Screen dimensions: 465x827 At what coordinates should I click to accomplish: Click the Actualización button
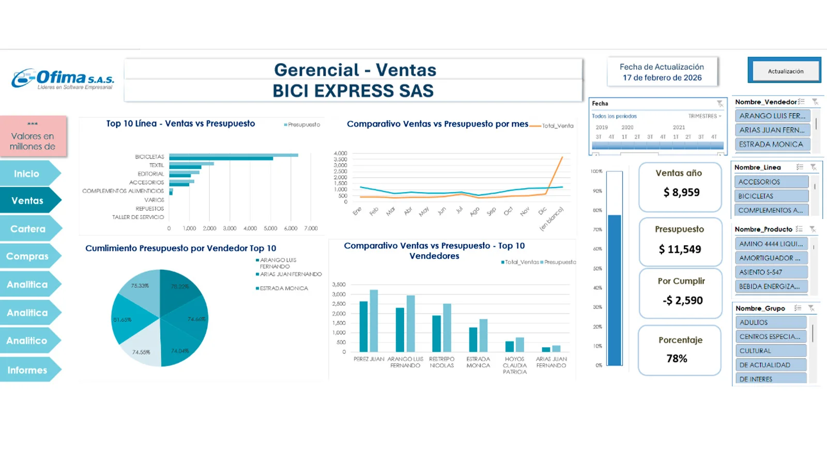click(785, 71)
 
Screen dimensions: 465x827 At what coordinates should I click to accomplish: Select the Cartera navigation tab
click(28, 229)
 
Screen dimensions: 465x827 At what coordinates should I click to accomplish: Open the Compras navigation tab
click(27, 256)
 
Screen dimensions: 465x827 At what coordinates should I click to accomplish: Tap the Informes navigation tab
click(27, 370)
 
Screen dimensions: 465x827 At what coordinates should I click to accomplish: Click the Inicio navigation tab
click(26, 174)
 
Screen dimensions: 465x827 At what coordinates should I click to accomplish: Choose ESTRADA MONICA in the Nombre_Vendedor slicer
click(771, 144)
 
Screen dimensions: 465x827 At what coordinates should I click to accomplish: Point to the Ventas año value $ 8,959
click(681, 193)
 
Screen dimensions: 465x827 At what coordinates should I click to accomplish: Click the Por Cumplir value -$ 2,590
click(682, 301)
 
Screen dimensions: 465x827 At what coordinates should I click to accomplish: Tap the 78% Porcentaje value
click(677, 359)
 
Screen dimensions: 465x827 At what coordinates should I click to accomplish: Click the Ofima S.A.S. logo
click(63, 79)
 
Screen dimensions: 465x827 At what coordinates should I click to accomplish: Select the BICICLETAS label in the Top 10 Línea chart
click(149, 157)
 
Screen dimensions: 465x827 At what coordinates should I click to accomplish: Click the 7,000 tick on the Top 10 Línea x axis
click(311, 228)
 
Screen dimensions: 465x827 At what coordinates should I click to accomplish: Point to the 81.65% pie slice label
click(122, 320)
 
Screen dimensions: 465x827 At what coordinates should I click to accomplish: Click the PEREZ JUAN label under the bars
click(369, 359)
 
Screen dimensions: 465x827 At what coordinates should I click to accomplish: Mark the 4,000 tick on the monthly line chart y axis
click(340, 153)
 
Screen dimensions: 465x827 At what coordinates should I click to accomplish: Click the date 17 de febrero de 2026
click(662, 78)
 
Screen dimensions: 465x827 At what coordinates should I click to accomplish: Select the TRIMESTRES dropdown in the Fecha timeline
click(705, 116)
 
